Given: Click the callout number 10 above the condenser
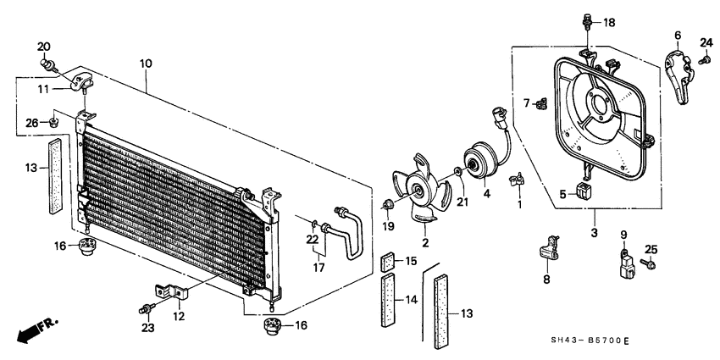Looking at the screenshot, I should pos(146,64).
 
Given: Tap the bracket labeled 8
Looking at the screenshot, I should pos(548,252).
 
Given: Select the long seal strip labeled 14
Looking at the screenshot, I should pos(389,302).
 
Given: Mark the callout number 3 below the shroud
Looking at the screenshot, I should pos(594,233).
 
